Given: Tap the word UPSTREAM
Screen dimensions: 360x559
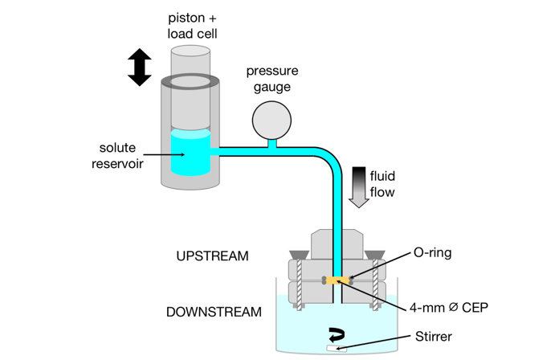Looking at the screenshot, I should [212, 256].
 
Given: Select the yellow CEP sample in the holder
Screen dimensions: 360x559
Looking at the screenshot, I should [337, 280].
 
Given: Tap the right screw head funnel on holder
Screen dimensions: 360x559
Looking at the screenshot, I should [374, 255].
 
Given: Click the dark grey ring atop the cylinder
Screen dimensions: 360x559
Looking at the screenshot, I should [191, 82].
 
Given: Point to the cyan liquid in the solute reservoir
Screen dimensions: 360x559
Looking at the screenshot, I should [191, 154].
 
